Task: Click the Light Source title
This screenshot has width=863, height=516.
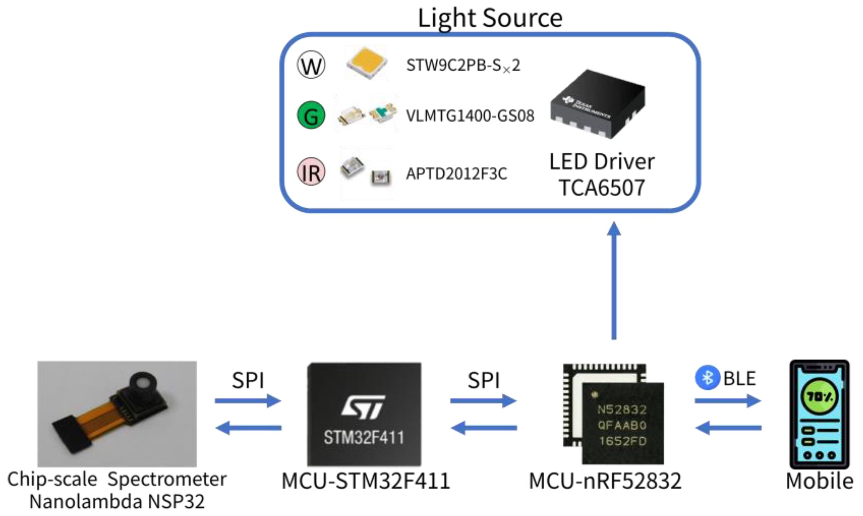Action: coord(490,18)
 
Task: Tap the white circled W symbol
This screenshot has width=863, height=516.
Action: coord(311,65)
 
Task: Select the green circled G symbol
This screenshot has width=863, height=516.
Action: coord(311,115)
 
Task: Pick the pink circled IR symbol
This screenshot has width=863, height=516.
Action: coord(311,172)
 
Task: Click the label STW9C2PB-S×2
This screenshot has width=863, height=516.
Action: coord(463,65)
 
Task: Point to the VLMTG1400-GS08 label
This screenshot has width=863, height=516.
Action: coord(470,116)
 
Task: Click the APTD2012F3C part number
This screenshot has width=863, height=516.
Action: coord(456,174)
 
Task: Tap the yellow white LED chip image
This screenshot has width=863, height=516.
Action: coord(366,63)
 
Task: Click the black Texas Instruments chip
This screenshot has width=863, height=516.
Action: coord(598,104)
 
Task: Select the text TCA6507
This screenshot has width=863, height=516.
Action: coord(602,188)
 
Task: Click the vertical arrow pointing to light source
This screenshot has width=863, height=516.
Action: coord(614,280)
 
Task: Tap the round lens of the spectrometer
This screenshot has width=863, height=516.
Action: coord(142,382)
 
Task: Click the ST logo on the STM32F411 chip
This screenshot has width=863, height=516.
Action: coord(364,407)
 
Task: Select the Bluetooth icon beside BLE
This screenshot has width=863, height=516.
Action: coord(707,377)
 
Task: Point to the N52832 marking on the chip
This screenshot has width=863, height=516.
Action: coord(622,409)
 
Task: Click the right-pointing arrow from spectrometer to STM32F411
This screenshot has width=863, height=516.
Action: coord(248,401)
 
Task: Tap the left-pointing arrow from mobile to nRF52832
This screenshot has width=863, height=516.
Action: coord(728,428)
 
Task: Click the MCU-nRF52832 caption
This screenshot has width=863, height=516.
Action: coord(605,481)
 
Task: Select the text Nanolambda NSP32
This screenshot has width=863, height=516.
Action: coord(117,501)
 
